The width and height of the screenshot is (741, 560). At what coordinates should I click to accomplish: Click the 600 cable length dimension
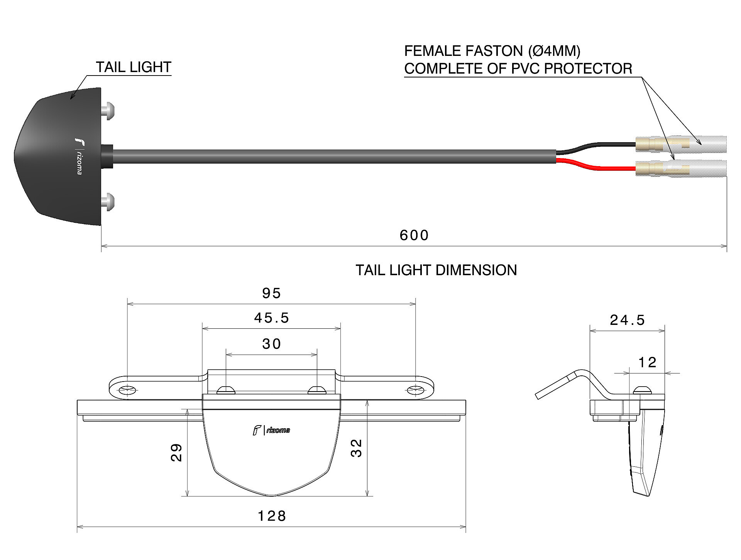(x=414, y=235)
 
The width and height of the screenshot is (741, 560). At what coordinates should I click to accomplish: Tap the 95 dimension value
(x=271, y=293)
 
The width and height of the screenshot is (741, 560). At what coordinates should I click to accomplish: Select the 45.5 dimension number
(x=271, y=318)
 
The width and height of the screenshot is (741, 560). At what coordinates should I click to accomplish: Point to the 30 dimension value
(x=271, y=344)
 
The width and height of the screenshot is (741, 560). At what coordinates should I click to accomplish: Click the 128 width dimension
(x=272, y=516)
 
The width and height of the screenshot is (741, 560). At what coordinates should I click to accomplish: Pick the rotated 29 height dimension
(x=176, y=452)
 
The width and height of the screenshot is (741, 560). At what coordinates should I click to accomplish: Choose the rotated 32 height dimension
(x=356, y=448)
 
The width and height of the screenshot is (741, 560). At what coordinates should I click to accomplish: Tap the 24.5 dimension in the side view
(x=627, y=320)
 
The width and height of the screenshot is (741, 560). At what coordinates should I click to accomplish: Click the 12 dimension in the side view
(x=647, y=362)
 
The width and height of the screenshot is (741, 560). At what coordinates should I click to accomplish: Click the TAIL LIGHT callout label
(x=134, y=67)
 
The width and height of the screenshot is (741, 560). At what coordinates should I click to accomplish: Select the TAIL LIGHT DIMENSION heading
(x=436, y=270)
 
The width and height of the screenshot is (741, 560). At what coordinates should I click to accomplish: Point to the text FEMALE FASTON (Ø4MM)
(x=492, y=51)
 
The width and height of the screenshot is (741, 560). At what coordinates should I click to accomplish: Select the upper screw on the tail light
(x=108, y=111)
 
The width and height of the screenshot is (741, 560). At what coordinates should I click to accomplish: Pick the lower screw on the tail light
(x=108, y=202)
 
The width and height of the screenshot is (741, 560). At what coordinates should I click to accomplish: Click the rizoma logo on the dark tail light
(x=79, y=156)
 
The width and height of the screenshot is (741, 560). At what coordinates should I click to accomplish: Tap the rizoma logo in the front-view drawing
(x=271, y=430)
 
